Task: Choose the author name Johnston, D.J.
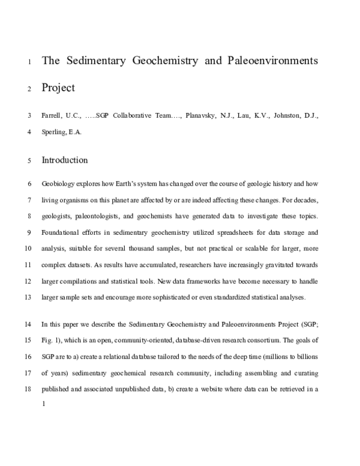pos(299,115)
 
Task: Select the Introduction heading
pos(64,160)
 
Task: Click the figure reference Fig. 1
pos(53,340)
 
